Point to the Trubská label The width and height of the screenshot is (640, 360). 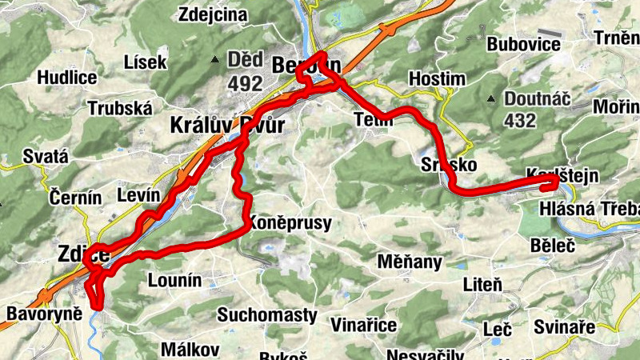pyautogui.click(x=119, y=108)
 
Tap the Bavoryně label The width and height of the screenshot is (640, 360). pyautogui.click(x=44, y=313)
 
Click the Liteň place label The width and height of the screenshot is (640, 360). pyautogui.click(x=482, y=283)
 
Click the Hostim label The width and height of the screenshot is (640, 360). pyautogui.click(x=436, y=78)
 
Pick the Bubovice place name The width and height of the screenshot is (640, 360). pyautogui.click(x=523, y=44)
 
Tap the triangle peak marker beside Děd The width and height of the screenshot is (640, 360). pyautogui.click(x=214, y=59)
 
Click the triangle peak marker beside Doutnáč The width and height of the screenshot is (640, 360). pyautogui.click(x=490, y=99)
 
